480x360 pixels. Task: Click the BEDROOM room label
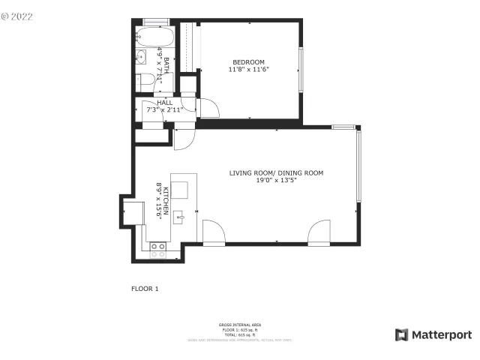[248, 61]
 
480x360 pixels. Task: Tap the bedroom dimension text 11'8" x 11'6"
[248, 69]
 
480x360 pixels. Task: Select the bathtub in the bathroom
[154, 37]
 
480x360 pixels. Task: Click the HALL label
[165, 102]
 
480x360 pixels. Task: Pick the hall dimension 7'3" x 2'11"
[165, 109]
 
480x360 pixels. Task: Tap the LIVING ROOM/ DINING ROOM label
[276, 173]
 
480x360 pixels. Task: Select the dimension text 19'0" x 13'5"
[276, 181]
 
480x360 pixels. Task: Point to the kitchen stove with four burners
[157, 250]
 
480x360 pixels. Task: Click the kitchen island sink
[180, 218]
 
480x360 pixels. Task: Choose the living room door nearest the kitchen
[213, 232]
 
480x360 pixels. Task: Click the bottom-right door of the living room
[319, 232]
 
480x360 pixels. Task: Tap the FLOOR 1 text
[145, 288]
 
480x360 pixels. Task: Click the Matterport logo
[434, 334]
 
